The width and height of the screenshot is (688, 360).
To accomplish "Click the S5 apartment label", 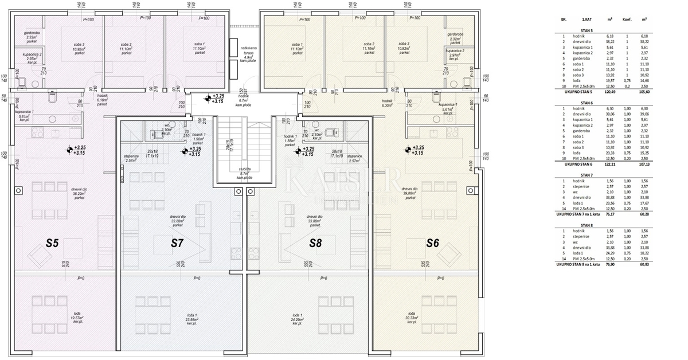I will tap(52, 243).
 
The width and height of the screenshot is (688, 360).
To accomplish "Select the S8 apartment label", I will tap(315, 243).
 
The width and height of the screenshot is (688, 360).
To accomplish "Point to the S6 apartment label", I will tap(433, 243).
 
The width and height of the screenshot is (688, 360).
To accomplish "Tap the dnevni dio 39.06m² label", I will tap(409, 191).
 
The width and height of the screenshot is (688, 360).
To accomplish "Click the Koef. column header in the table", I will tap(627, 19).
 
